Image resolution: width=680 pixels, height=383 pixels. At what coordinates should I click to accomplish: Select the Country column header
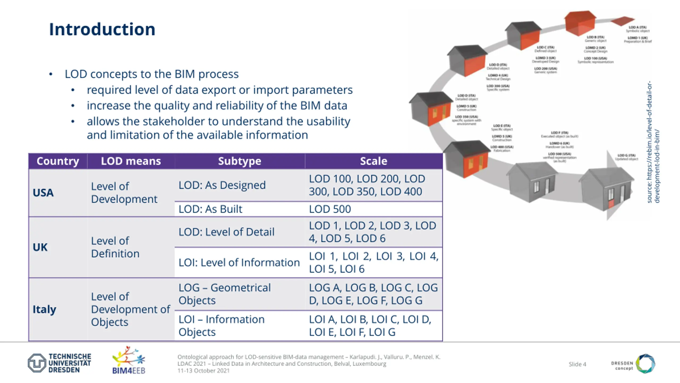(x=58, y=161)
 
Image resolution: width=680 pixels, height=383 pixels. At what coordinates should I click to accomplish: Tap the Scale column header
(x=373, y=161)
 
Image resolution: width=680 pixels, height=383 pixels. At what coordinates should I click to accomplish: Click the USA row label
(x=43, y=193)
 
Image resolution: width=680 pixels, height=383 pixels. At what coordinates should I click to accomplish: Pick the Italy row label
(x=44, y=309)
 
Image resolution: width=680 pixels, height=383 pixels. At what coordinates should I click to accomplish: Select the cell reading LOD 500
(x=330, y=209)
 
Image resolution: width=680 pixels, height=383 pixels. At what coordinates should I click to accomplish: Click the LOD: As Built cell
(x=210, y=209)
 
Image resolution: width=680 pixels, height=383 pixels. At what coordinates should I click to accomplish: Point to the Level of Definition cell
(x=115, y=247)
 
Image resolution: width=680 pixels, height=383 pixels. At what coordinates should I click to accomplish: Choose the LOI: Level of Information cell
(x=239, y=263)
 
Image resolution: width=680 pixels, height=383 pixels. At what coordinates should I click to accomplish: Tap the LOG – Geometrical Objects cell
(x=224, y=294)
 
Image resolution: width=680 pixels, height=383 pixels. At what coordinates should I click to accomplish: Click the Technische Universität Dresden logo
(x=59, y=363)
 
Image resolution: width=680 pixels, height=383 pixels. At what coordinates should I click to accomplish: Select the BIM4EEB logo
(x=129, y=360)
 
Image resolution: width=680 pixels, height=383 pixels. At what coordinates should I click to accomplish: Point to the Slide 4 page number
(x=577, y=364)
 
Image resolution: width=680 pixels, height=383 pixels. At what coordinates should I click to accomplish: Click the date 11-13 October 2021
(x=203, y=371)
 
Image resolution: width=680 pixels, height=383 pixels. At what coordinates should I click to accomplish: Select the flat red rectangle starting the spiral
(x=622, y=21)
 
